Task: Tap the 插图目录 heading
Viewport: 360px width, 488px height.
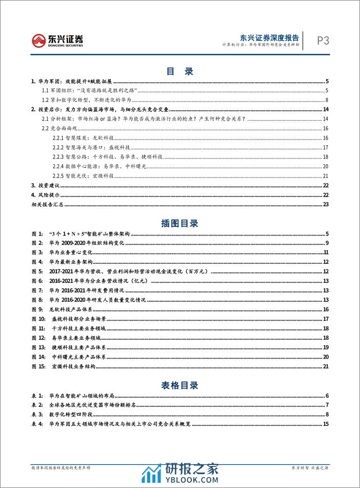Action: coord(179,224)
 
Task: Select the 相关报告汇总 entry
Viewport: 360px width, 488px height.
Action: coord(47,204)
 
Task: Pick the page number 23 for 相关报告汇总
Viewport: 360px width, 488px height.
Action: coord(325,204)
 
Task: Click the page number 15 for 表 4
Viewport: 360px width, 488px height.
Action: coord(325,424)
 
